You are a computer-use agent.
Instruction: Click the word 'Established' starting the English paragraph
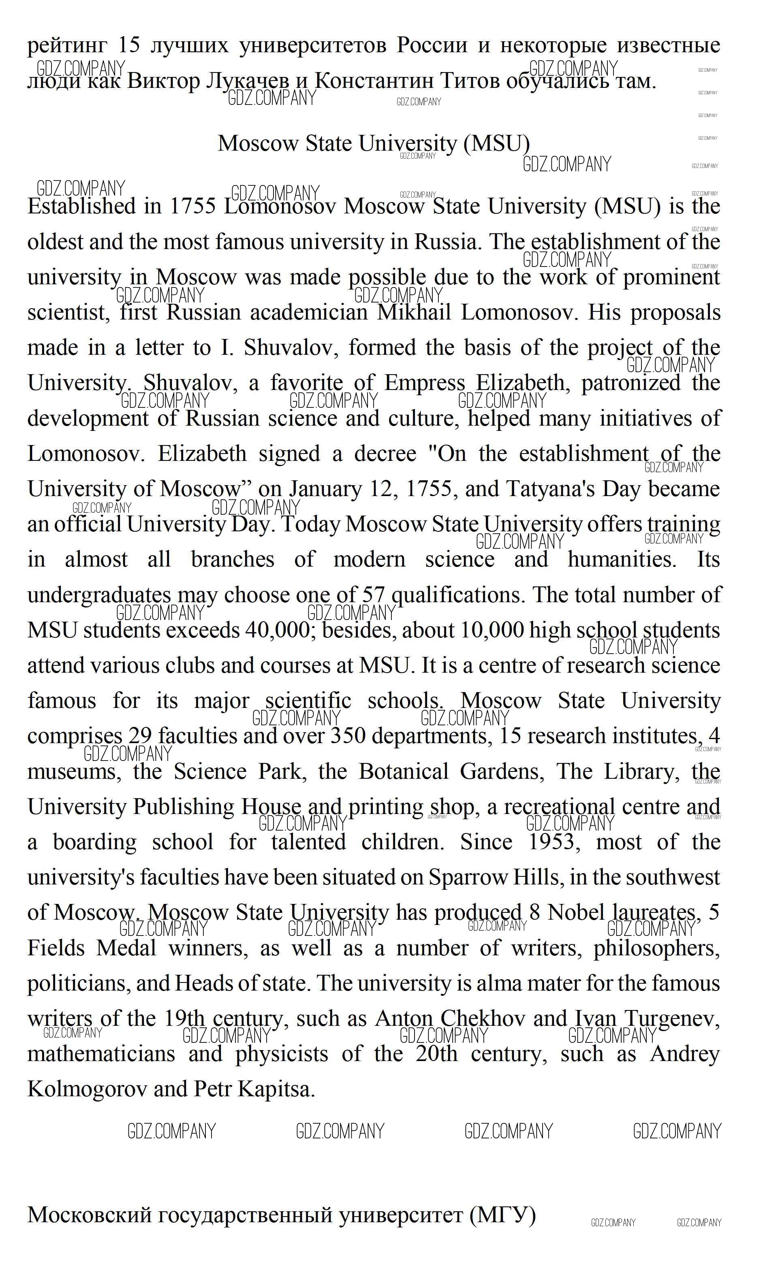coord(82,207)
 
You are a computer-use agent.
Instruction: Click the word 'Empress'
coord(424,384)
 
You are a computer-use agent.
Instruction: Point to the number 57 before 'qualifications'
coord(374,596)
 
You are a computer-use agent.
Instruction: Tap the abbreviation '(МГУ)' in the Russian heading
coord(502,1215)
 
